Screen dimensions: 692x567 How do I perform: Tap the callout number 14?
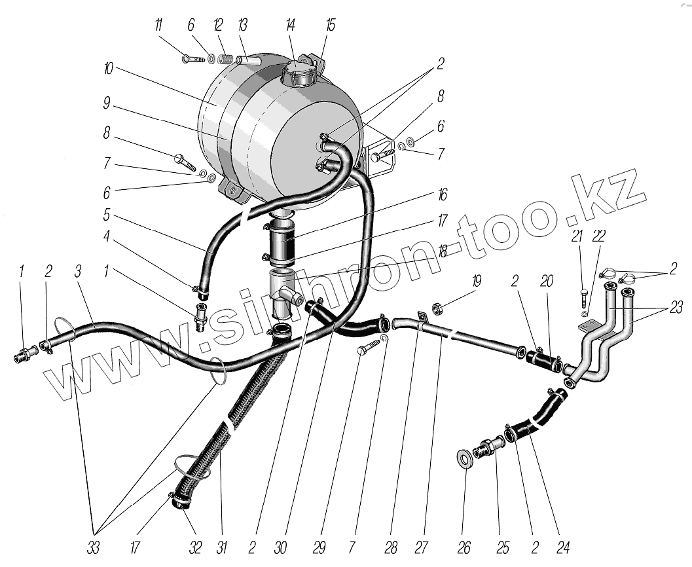[x=290, y=26]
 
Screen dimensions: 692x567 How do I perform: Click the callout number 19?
[x=476, y=282]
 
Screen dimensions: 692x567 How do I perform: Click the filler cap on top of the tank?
[x=298, y=75]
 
